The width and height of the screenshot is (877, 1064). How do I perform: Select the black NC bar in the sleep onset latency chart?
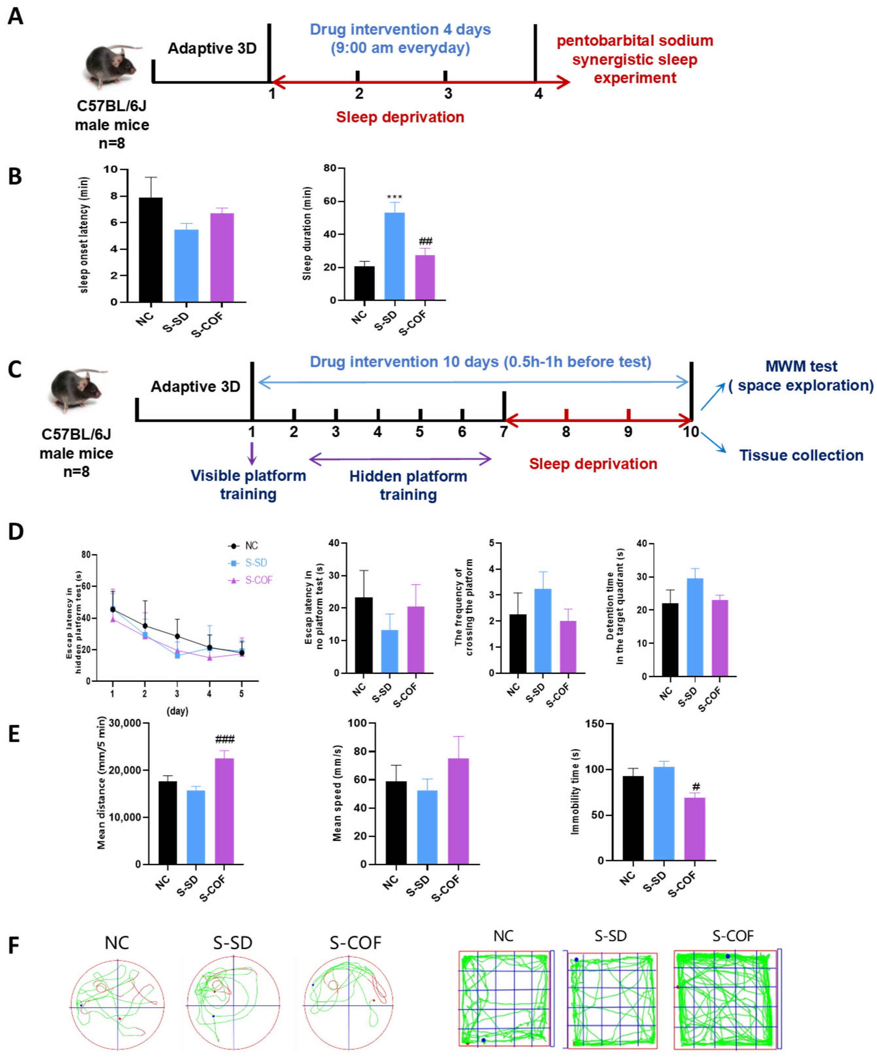pos(151,250)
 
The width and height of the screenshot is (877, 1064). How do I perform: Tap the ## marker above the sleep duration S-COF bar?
pos(425,241)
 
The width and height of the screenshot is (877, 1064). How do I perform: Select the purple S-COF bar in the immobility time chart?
pos(695,829)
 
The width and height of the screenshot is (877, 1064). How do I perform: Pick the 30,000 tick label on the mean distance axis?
pos(125,723)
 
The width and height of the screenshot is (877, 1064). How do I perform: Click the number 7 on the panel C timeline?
pos(504,432)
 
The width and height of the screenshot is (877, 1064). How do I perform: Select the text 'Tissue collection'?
pos(801,455)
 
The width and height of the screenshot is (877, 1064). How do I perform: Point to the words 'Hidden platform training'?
pos(408,485)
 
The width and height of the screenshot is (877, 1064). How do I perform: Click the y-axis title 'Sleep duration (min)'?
pos(307,233)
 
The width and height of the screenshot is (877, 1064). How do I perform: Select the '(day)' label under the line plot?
pos(177,711)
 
